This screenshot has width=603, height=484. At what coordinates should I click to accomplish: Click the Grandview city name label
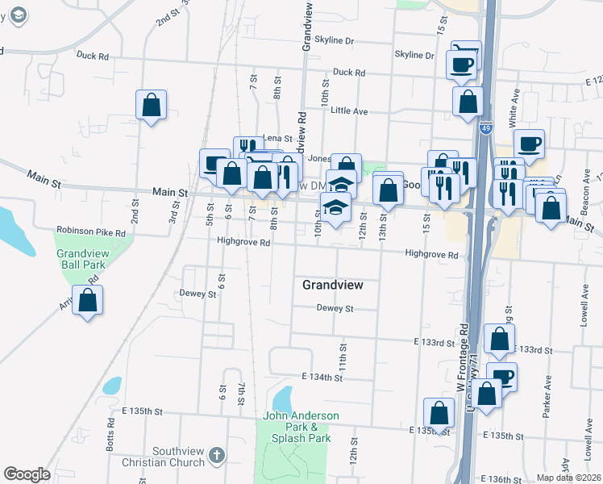(x=333, y=285)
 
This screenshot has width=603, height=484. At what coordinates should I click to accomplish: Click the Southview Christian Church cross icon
(x=215, y=457)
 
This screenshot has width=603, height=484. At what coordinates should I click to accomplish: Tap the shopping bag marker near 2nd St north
(x=151, y=106)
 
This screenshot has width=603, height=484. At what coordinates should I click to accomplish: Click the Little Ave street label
(x=349, y=111)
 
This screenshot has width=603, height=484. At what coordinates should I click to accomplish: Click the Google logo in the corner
(x=27, y=474)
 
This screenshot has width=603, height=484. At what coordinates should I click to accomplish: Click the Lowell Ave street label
(x=583, y=307)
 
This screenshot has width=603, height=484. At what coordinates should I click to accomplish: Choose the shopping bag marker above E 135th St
(x=439, y=413)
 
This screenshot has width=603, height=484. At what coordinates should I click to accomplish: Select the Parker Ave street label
(x=547, y=390)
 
